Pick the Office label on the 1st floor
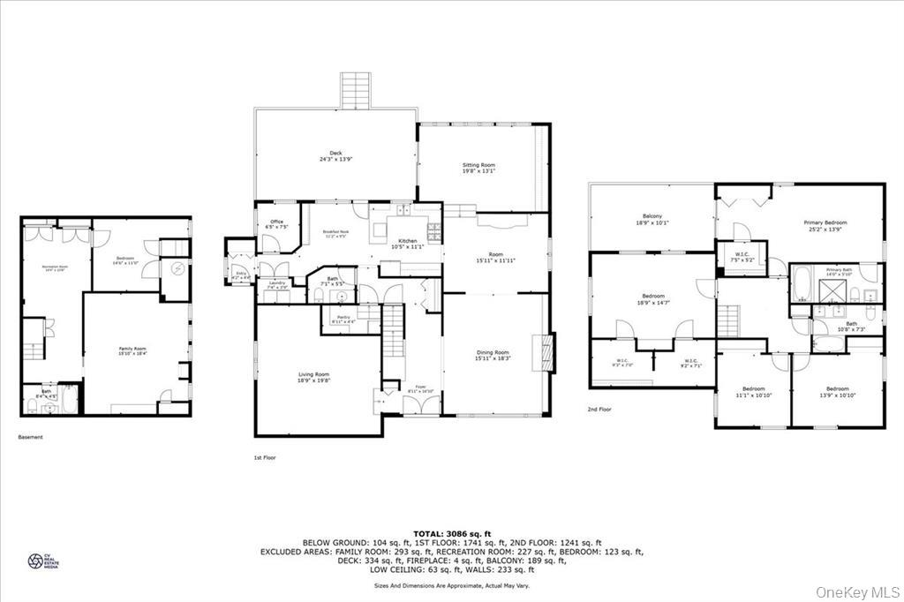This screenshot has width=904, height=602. [x=276, y=224]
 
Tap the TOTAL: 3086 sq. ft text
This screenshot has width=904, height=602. [x=452, y=533]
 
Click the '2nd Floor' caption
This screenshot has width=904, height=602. [x=600, y=410]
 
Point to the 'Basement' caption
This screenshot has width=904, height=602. [x=30, y=436]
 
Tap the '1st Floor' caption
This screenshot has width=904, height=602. [x=265, y=457]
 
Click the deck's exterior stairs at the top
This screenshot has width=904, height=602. [x=358, y=90]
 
